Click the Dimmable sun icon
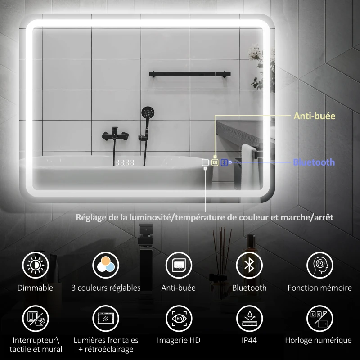tap(36, 265)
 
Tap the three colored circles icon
tap(106, 265)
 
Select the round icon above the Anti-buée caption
tap(179, 265)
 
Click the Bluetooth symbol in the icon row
tap(249, 265)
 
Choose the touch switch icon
tap(36, 319)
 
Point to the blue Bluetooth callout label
tap(314, 162)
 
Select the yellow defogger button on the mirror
tap(215, 162)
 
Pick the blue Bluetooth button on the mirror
tap(224, 162)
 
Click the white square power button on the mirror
tap(205, 162)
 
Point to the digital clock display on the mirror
tap(124, 162)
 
